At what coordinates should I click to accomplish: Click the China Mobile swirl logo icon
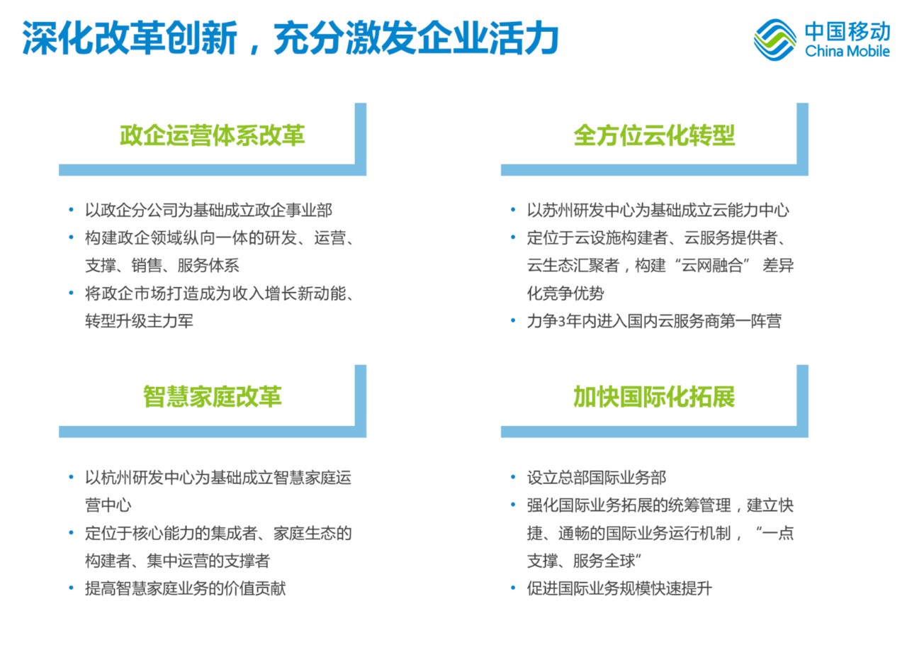point(774,40)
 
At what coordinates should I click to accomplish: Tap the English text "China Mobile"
point(847,52)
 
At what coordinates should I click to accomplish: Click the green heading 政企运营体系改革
point(212,135)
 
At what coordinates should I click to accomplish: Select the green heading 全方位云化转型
point(654,135)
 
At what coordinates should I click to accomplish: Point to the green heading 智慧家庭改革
point(212,396)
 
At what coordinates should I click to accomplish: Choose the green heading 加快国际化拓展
point(654,396)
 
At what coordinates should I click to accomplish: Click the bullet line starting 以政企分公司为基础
point(208,211)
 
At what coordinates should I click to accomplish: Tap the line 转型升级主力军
point(139,321)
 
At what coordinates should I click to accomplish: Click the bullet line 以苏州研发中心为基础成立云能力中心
point(658,211)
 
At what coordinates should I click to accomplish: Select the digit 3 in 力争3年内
point(561,322)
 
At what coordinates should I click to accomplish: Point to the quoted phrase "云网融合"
point(712,266)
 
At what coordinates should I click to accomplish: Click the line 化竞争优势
point(565,293)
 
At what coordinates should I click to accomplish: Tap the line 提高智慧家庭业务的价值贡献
point(186,588)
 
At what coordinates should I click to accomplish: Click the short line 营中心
point(108,505)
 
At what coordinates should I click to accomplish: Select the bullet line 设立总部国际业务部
point(597,478)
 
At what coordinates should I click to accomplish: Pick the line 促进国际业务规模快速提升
point(619,588)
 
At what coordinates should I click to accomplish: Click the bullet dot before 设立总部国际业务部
point(513,477)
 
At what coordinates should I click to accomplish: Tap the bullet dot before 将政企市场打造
point(72,293)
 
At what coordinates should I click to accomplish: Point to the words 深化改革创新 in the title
point(130,38)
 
